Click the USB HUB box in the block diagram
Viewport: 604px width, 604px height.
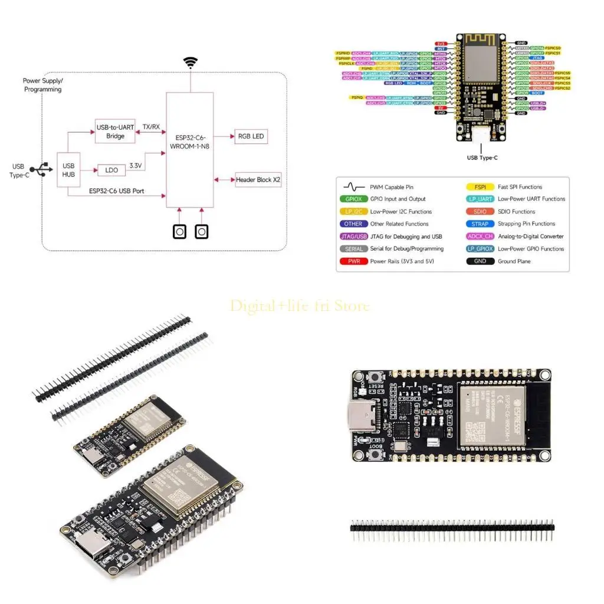[x=68, y=170]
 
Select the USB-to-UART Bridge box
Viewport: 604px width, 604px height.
[x=115, y=132]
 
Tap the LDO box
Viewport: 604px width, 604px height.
[x=112, y=170]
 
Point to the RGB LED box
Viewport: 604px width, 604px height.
[x=251, y=136]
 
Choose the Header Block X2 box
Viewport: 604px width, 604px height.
[x=258, y=179]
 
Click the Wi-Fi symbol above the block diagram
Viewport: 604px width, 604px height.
[x=190, y=63]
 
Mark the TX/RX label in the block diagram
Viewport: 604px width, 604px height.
[x=151, y=127]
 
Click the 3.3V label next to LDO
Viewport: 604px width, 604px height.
[x=135, y=166]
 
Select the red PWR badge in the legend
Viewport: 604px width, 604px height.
[x=351, y=261]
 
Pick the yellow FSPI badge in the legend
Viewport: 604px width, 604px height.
[x=480, y=187]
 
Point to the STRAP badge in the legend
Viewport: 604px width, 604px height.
[x=480, y=224]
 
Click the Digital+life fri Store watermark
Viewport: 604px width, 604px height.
[x=300, y=306]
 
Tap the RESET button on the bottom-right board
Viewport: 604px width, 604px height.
[x=375, y=377]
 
